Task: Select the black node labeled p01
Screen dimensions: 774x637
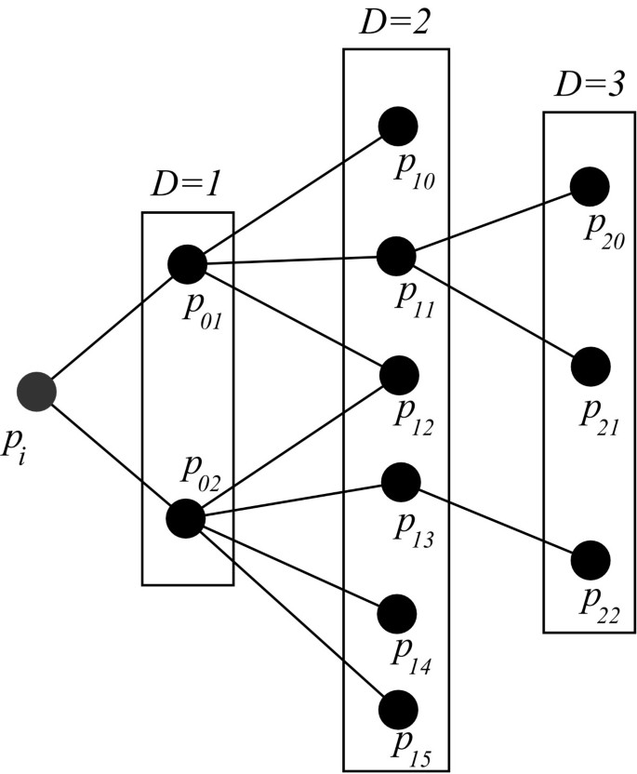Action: coord(187,264)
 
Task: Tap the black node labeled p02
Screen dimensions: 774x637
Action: coord(184,518)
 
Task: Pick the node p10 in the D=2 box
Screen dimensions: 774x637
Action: coord(398,126)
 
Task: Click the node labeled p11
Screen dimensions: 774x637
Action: coord(396,255)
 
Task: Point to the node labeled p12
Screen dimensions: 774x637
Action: coord(400,373)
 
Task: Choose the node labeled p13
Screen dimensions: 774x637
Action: coord(401,481)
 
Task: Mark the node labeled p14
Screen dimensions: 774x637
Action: coord(398,613)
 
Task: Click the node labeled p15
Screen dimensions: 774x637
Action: coord(398,710)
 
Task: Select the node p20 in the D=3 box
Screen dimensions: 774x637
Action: coord(590,187)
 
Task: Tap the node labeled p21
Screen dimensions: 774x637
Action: coord(591,367)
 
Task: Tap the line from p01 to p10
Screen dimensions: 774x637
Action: coord(292,195)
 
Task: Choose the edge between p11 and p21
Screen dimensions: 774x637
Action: coord(493,312)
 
